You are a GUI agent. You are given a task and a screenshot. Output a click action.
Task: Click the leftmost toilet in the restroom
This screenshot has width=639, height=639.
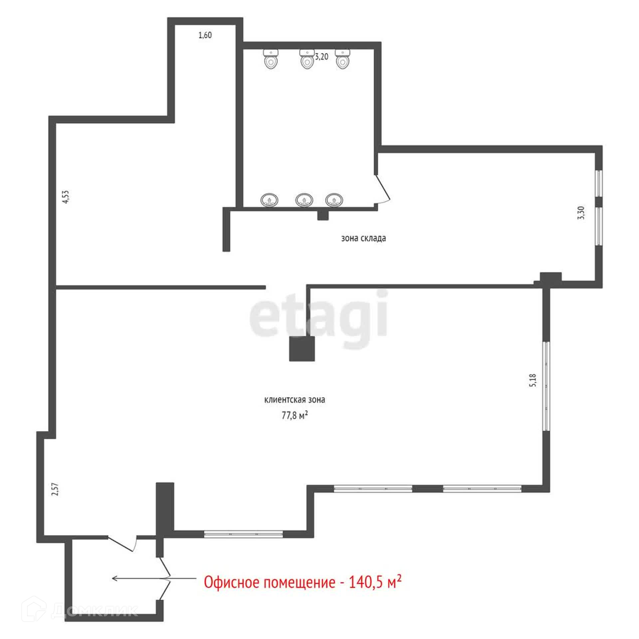tap(271, 59)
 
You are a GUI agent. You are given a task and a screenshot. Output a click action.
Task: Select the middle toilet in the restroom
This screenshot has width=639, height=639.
tap(307, 59)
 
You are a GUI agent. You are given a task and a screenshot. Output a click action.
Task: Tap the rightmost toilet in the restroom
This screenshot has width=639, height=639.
tap(342, 59)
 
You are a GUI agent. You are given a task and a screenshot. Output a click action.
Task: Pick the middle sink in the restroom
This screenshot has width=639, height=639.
tap(305, 200)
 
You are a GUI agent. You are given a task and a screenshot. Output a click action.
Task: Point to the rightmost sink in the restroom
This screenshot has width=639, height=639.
tap(334, 200)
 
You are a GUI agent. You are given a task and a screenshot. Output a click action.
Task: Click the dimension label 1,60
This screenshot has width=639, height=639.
tap(205, 35)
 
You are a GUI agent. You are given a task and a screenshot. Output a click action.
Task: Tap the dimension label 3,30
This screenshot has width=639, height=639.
tap(582, 213)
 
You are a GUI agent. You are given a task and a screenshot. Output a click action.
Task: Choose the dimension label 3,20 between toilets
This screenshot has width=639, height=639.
tap(321, 57)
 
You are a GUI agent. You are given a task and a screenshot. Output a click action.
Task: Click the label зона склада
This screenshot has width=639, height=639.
tap(363, 238)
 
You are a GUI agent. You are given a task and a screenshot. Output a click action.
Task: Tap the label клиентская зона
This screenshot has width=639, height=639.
tap(295, 400)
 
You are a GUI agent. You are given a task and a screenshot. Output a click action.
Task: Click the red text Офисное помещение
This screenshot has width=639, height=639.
tap(270, 583)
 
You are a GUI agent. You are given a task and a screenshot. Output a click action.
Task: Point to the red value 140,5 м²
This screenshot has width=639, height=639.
tap(375, 582)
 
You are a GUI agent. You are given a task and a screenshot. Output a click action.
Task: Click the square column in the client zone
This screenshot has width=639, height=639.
tap(302, 348)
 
